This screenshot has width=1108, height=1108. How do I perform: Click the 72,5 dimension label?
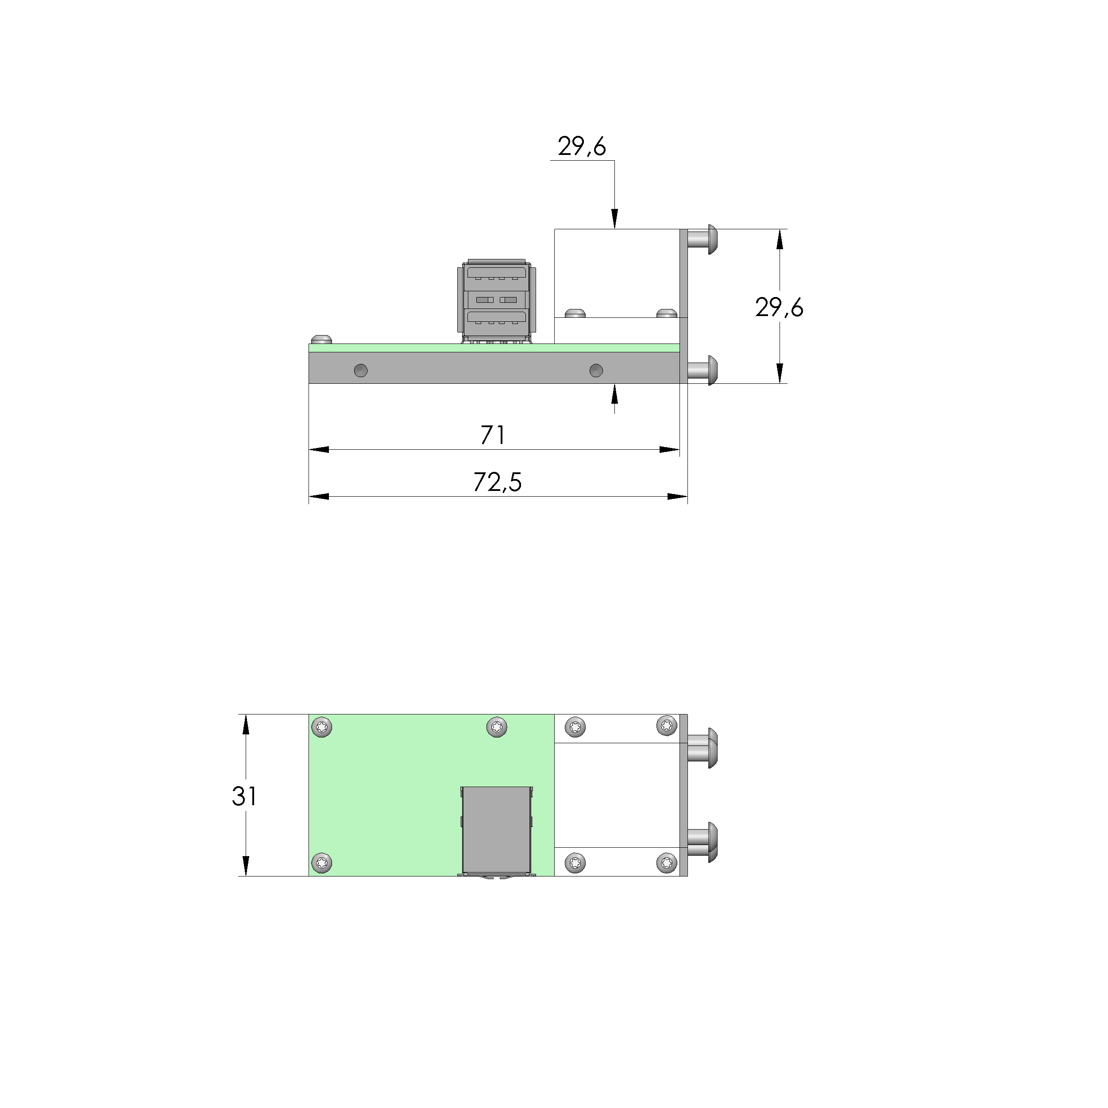point(497,483)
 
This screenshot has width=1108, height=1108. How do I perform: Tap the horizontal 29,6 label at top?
point(582,147)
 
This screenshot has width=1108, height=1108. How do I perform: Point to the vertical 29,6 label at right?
point(779,309)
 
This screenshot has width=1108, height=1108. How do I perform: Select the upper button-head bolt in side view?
point(704,239)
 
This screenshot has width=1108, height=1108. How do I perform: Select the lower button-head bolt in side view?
point(704,370)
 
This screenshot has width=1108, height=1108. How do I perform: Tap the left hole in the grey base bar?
point(361,371)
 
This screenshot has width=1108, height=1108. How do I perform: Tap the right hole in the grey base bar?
point(596,371)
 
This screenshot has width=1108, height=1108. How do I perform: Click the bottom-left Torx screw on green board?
point(322,863)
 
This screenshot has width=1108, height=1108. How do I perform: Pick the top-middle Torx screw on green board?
point(496,727)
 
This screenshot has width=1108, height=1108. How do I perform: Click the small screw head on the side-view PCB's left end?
point(322,339)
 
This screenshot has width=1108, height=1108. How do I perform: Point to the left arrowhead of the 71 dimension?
point(318,450)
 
